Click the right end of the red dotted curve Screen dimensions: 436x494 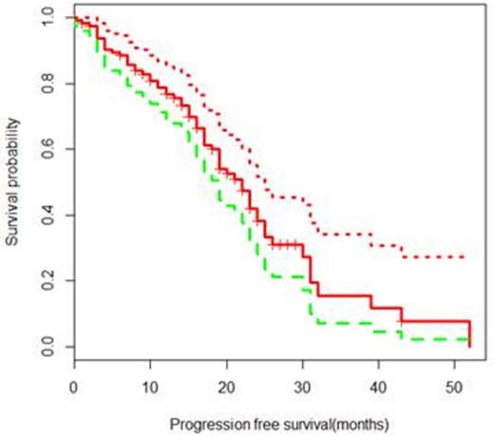pyautogui.click(x=465, y=256)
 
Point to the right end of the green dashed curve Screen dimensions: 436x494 pyautogui.click(x=469, y=339)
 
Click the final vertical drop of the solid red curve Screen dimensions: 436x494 pyautogui.click(x=469, y=333)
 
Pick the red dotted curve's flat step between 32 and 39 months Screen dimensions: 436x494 pyautogui.click(x=343, y=233)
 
